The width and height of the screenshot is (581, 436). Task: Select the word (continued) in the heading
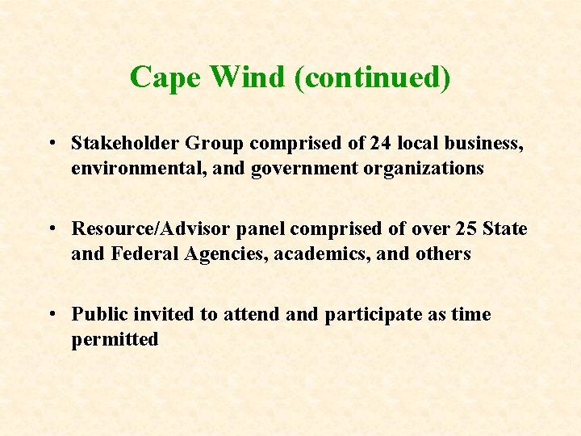tap(372, 78)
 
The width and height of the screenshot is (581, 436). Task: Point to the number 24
tap(380, 143)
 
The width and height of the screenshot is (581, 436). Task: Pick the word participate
tap(373, 315)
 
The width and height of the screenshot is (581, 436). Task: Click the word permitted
tap(115, 339)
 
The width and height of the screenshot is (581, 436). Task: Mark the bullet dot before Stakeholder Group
tap(51, 144)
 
